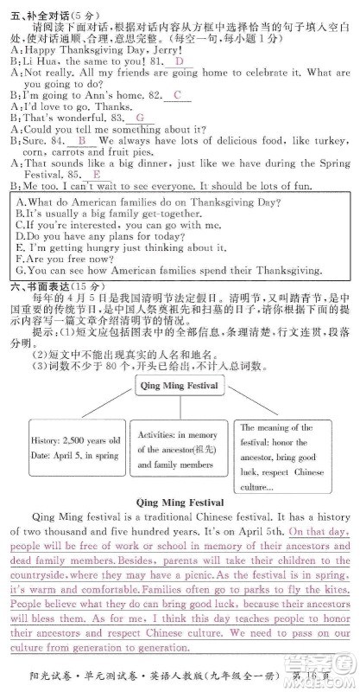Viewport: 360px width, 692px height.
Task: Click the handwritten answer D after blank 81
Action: (178, 61)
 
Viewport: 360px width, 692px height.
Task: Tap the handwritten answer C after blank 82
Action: (178, 93)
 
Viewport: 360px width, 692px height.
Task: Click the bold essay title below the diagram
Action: (180, 502)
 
